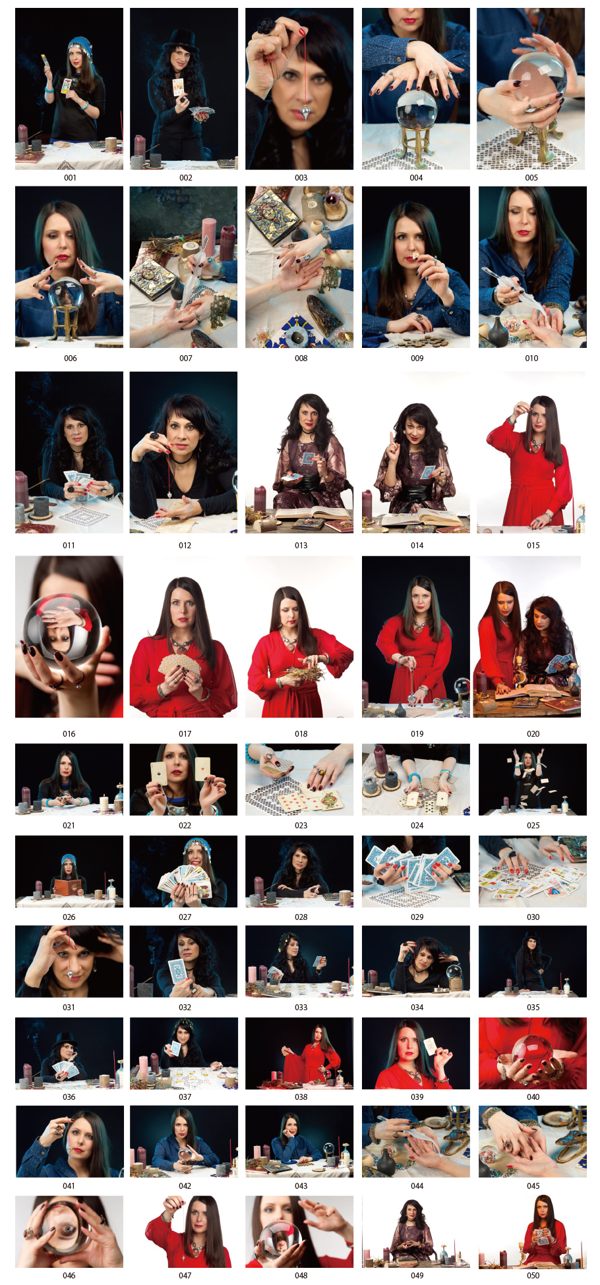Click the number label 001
70,178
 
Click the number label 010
531,358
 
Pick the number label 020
533,734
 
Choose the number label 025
533,826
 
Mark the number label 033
301,1008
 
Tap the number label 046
69,1276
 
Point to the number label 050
533,1276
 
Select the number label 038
301,1097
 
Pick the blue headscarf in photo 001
79,45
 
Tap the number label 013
301,546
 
